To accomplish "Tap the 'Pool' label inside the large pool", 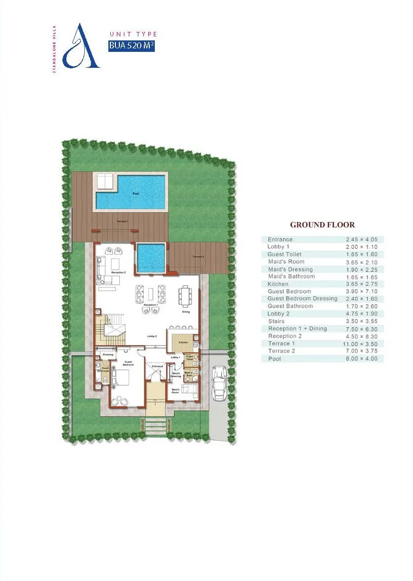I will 135,194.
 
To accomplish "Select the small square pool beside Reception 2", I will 150,258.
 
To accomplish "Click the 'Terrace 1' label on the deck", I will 122,221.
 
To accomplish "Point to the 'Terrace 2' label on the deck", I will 198,257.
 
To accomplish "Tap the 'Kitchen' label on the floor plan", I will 183,343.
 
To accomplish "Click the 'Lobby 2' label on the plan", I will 152,337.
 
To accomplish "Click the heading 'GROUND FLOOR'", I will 322,225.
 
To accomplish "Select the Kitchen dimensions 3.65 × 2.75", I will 362,284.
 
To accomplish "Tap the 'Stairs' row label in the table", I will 276,321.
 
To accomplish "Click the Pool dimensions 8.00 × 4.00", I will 362,359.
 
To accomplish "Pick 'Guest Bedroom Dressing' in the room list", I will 302,299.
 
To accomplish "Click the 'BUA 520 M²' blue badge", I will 131,46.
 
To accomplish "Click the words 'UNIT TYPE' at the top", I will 133,34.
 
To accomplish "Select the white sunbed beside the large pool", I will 105,182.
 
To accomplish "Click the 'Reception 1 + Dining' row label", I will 297,329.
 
